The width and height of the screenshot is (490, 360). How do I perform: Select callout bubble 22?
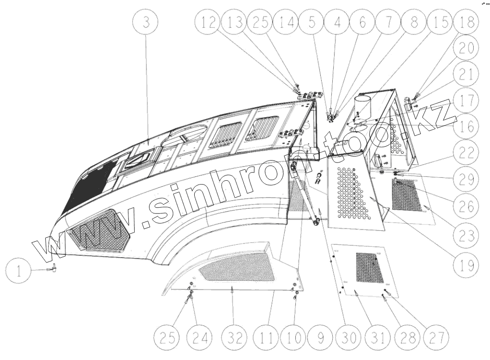(x=465, y=153)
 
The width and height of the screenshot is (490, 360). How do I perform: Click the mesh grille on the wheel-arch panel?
(x=236, y=267)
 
